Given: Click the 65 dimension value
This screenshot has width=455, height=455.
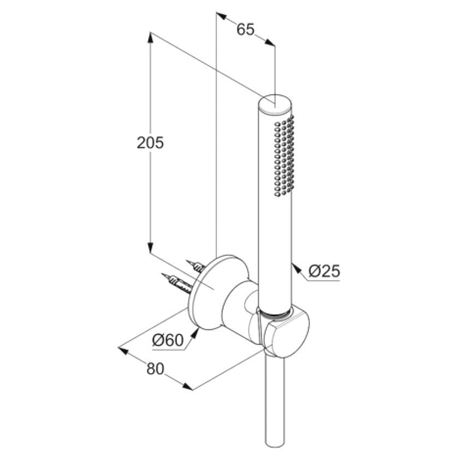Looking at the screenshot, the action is point(245,29).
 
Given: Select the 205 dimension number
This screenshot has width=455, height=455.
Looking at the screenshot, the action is point(150,143).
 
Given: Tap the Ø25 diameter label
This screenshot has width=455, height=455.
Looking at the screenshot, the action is point(324,271).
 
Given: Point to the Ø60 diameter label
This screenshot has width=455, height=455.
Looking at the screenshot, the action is point(168,340).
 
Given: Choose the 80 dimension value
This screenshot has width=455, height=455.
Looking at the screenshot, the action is point(155,369).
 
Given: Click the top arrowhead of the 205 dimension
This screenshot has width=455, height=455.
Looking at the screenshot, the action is point(150,38).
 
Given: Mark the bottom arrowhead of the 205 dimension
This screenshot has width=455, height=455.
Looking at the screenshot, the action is point(150,247).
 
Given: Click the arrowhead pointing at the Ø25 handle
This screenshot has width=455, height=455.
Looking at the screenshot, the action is point(296,267).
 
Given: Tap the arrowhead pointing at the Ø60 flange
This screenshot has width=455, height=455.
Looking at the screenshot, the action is point(195,333).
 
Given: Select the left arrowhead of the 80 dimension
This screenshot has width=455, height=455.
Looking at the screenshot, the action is point(123,350).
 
